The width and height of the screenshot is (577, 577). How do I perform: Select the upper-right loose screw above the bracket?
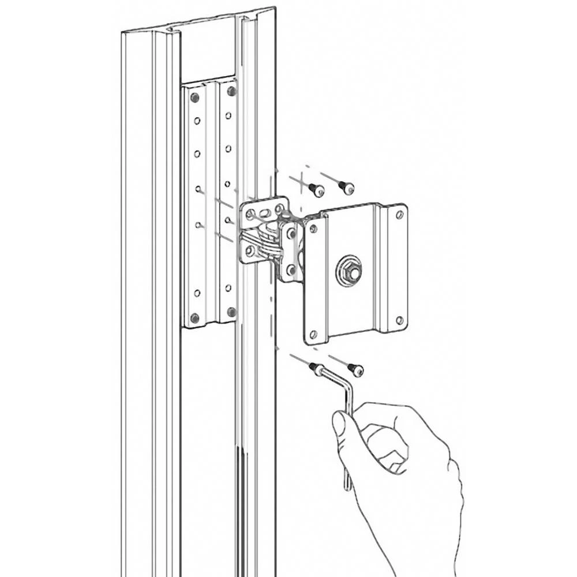click(x=347, y=187)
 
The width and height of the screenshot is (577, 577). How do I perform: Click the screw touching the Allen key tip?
click(x=316, y=368)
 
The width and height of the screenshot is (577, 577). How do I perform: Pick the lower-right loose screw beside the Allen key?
click(x=355, y=369)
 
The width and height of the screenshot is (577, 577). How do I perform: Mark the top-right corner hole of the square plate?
click(x=399, y=215)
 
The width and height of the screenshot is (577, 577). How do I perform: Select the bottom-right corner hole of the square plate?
click(x=399, y=320)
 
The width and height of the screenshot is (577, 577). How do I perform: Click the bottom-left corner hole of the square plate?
click(x=313, y=334)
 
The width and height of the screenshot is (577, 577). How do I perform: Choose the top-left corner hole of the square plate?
click(x=313, y=229)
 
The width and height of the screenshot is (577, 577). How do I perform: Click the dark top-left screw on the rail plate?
click(x=194, y=98)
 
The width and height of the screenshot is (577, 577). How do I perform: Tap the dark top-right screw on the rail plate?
click(x=231, y=91)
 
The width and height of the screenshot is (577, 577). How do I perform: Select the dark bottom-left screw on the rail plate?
click(x=194, y=317)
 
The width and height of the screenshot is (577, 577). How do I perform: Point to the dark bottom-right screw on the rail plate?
click(x=231, y=312)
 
